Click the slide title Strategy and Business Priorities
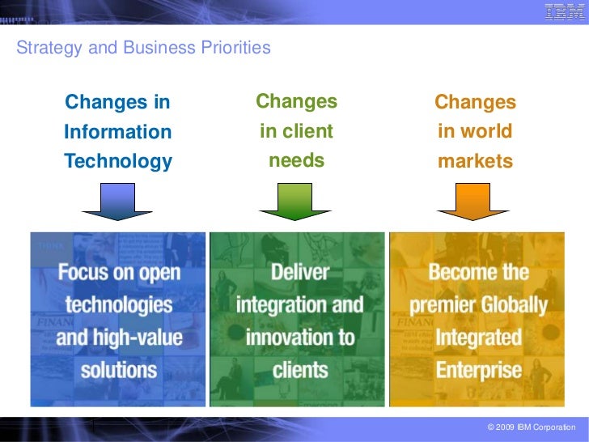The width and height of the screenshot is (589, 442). [143, 48]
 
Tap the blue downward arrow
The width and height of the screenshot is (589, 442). [117, 202]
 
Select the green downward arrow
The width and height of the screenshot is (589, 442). [296, 202]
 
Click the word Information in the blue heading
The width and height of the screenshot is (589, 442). [118, 132]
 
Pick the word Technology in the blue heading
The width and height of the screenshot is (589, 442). [118, 161]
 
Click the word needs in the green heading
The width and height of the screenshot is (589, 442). [296, 160]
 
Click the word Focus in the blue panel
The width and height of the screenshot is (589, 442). [85, 271]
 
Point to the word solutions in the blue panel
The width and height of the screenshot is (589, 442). [119, 371]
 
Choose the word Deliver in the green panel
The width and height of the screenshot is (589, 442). [299, 271]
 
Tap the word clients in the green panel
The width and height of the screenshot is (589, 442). [299, 371]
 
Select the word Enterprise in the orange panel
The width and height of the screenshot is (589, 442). [479, 371]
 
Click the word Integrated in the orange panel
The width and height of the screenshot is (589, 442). [479, 338]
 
